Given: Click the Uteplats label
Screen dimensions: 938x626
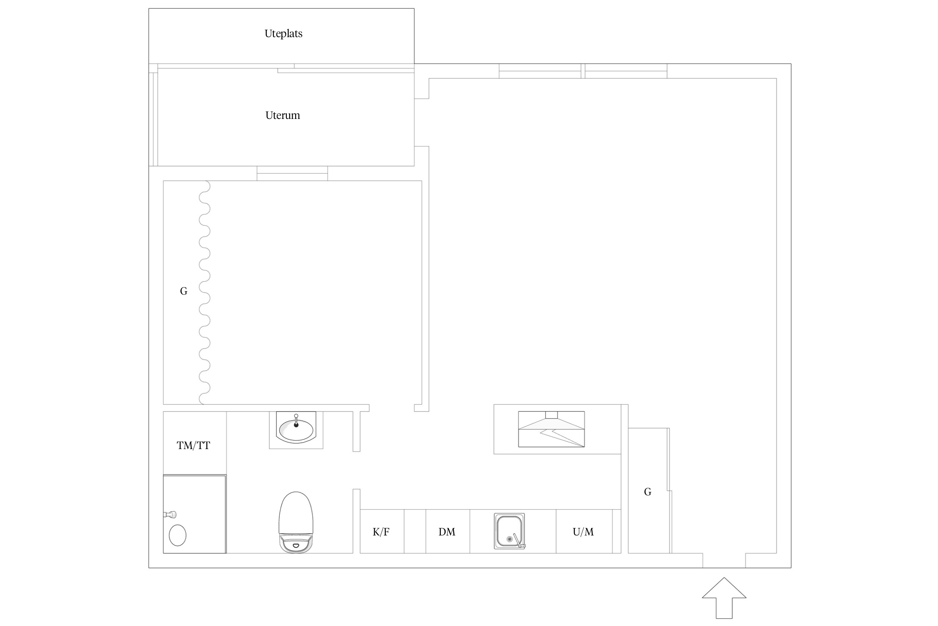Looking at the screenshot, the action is pyautogui.click(x=283, y=34).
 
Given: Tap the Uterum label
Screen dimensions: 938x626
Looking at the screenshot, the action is pyautogui.click(x=283, y=115).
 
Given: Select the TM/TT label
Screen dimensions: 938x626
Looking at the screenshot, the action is pyautogui.click(x=193, y=446).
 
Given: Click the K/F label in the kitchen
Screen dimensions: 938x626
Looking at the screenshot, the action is pyautogui.click(x=381, y=532).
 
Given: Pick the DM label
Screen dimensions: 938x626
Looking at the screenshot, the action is pyautogui.click(x=447, y=532).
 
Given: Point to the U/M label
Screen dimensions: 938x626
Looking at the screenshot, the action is pyautogui.click(x=583, y=532).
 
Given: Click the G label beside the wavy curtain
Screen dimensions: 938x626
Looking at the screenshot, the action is pyautogui.click(x=183, y=291).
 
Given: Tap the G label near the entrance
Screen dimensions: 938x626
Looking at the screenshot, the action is pyautogui.click(x=647, y=492).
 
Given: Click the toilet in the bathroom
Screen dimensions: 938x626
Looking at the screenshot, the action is pyautogui.click(x=296, y=522).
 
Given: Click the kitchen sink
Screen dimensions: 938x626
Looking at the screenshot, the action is pyautogui.click(x=509, y=531).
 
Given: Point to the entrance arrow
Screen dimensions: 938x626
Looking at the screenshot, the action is pyautogui.click(x=724, y=598).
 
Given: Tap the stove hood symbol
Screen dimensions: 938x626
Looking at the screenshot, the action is pyautogui.click(x=551, y=429).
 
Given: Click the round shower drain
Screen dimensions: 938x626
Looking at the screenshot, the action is pyautogui.click(x=178, y=535).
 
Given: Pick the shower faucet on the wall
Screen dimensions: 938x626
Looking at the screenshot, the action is pyautogui.click(x=170, y=515).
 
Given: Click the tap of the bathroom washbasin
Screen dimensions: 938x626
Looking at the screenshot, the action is pyautogui.click(x=296, y=421).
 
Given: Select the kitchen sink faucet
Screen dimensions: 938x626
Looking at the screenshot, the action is pyautogui.click(x=518, y=541).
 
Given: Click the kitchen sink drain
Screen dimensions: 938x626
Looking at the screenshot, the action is pyautogui.click(x=509, y=539).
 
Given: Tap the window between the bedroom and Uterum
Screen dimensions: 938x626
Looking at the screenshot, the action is pyautogui.click(x=292, y=173).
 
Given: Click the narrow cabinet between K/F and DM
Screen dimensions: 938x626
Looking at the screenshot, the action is pyautogui.click(x=415, y=531).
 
